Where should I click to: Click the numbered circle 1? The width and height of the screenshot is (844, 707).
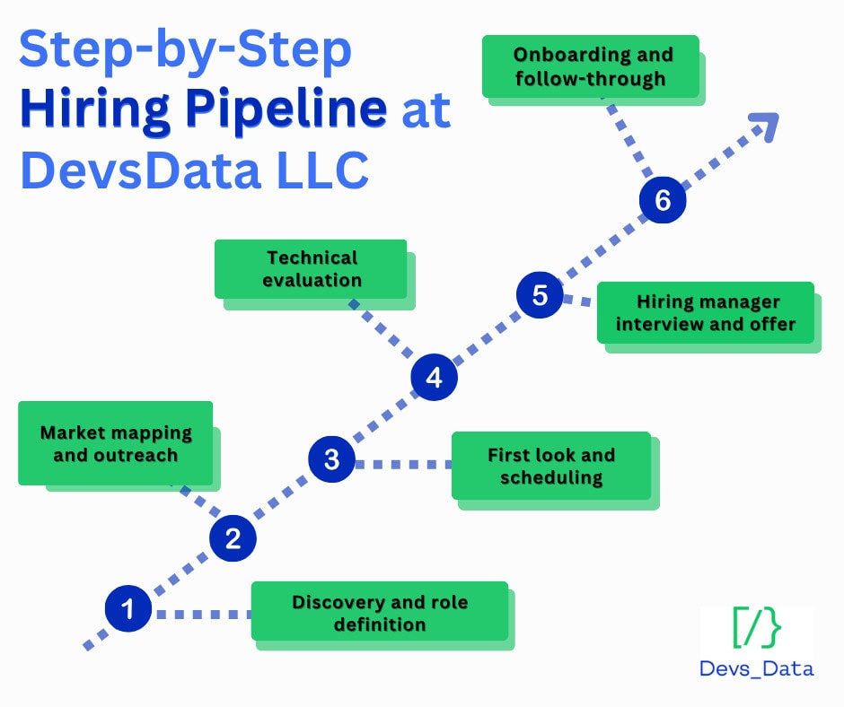127,609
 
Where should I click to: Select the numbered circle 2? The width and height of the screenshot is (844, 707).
233,538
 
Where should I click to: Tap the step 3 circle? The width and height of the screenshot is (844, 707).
331,459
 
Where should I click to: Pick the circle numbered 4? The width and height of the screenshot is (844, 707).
434,377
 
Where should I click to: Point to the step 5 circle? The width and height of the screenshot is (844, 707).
540,295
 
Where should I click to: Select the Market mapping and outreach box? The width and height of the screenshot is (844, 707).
115,443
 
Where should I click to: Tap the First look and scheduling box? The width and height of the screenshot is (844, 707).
550,466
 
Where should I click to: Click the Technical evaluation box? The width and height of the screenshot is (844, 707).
311,268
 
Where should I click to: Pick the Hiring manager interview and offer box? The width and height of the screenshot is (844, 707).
705,312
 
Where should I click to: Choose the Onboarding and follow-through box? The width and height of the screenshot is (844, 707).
590,66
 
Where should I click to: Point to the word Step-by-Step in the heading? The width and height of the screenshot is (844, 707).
185,51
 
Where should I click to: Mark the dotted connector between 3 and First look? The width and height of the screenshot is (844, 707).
402,464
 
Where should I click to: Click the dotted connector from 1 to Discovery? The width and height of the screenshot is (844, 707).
202,615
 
